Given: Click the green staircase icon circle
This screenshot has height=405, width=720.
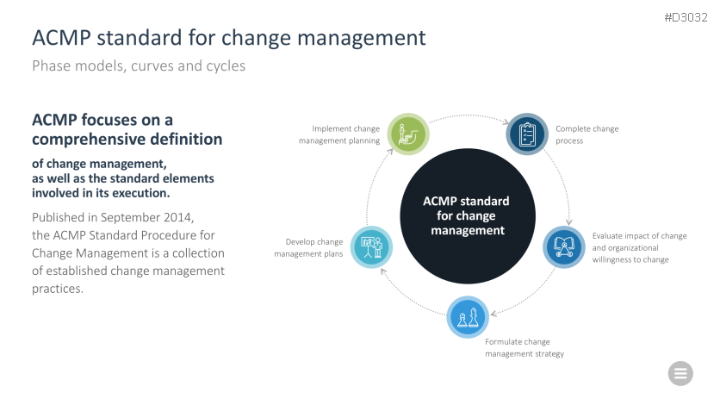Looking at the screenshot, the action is (408, 134).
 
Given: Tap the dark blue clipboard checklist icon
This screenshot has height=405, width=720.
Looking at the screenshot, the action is (527, 134).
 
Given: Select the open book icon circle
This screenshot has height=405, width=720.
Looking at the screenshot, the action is (564, 247).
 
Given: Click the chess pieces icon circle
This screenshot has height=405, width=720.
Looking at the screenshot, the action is (468, 317).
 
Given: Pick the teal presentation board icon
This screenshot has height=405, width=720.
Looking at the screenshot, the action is (371, 247).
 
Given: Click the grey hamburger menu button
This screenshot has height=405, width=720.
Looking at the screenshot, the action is (680, 373).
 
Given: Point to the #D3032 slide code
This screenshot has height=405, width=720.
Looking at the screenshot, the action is (686, 17).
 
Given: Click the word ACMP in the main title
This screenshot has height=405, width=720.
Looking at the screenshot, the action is (61, 38).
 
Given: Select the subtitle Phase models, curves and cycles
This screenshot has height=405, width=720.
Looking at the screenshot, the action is (139, 66).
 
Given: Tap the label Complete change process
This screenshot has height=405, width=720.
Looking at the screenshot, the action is (587, 134).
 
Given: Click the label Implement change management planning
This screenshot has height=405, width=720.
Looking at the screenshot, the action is (339, 134).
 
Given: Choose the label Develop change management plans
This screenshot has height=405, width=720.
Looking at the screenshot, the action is (308, 247).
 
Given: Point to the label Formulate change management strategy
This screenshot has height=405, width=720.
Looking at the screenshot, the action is (524, 347).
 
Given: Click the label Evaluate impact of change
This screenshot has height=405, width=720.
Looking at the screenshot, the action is (639, 236).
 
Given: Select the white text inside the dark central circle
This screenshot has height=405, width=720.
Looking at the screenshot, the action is (467, 215).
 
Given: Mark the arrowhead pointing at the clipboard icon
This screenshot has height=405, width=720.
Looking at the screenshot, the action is (506, 121).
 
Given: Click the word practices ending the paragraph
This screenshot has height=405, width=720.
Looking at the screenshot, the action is (58, 289).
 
